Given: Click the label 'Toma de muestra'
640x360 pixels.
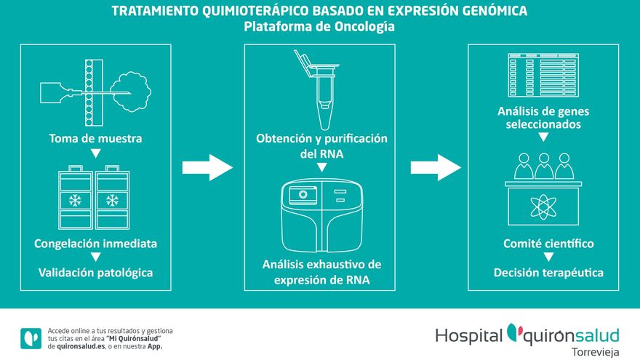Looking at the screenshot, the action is [x=95, y=138].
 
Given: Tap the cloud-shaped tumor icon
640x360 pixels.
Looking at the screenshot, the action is [x=131, y=92].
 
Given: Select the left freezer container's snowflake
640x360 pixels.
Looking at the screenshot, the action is [x=75, y=201].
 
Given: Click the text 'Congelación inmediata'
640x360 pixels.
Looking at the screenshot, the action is [x=95, y=243].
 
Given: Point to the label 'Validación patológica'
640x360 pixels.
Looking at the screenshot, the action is [x=95, y=272].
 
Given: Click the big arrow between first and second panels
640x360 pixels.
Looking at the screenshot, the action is [x=207, y=167].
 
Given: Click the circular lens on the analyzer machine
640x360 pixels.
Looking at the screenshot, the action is [x=303, y=194].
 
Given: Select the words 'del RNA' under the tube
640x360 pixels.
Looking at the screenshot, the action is [x=321, y=154].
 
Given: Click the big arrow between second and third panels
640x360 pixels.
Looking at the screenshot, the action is [x=436, y=167].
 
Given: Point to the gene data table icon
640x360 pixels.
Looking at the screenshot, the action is [x=543, y=75].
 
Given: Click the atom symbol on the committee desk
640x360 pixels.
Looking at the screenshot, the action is [x=543, y=206].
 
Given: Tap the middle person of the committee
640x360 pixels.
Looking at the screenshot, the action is [x=544, y=166].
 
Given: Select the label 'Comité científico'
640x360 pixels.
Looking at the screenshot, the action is [x=548, y=243].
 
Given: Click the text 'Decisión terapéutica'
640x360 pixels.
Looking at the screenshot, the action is [x=548, y=272].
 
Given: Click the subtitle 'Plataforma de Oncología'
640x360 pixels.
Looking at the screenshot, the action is [x=319, y=26].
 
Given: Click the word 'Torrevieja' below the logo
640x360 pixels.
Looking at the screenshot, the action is [x=596, y=352].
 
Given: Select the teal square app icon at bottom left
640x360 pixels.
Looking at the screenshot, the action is [x=31, y=338].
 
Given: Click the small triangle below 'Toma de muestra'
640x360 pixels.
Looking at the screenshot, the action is [x=95, y=153].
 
